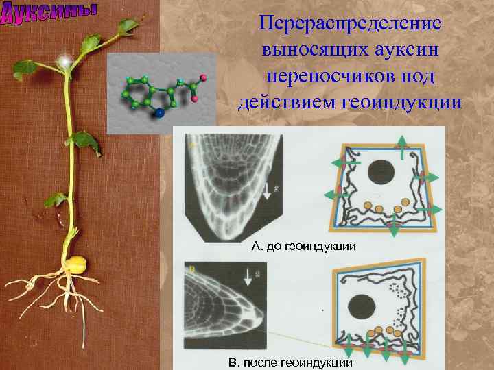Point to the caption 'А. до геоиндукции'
[x=304, y=245]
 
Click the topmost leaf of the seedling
[x=128, y=26]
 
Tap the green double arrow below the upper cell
[x=393, y=229]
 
